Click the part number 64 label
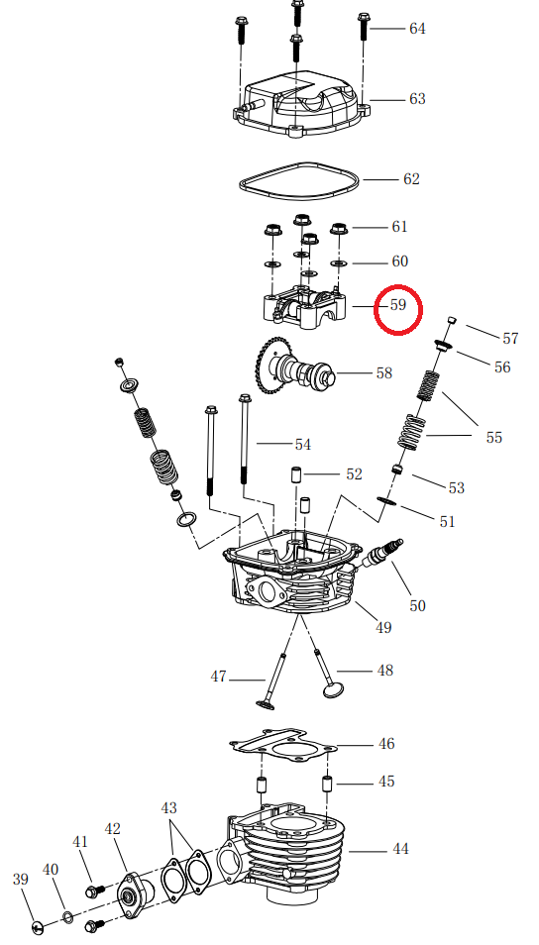417,29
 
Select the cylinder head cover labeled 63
297,104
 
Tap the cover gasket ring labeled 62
297,180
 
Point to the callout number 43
169,808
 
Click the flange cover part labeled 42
131,894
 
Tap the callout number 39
20,879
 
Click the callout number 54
302,445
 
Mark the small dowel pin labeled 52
295,472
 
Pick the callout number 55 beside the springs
493,437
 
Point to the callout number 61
398,227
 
